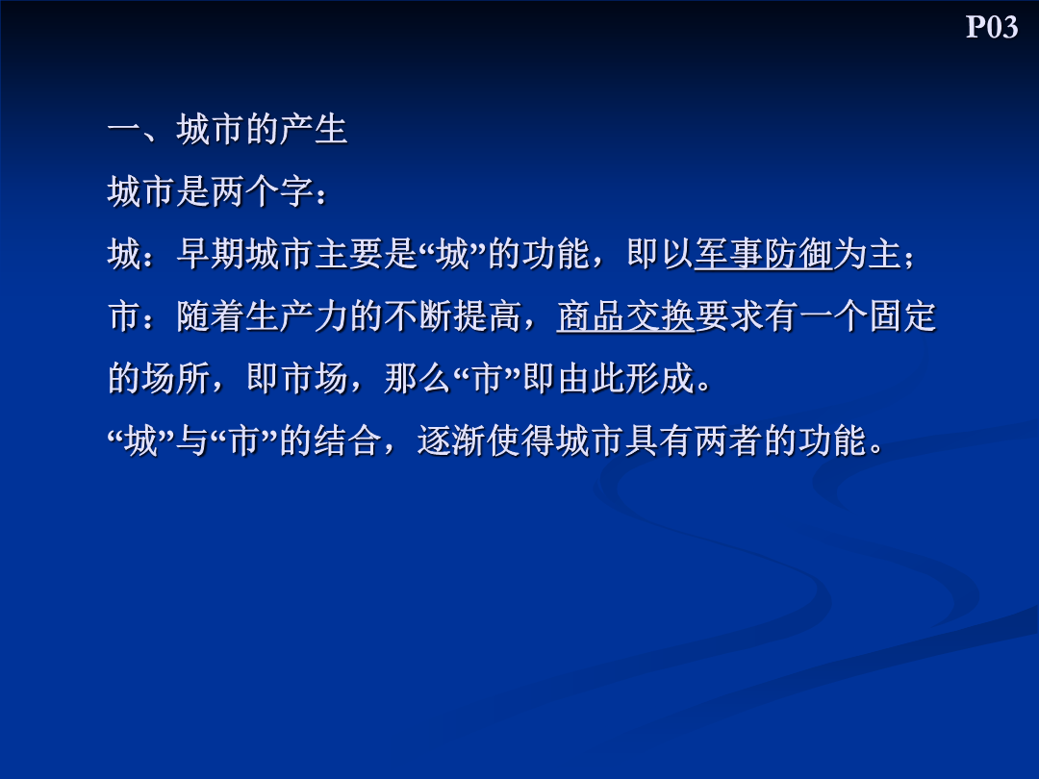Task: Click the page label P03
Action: (991, 27)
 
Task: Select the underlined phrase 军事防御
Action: (763, 254)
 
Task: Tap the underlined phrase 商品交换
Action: (625, 316)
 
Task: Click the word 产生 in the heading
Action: (313, 129)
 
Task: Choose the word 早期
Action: (210, 254)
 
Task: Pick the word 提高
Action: (487, 316)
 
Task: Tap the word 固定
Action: (901, 316)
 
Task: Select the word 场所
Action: (176, 378)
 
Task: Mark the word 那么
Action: (418, 378)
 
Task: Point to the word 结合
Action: (348, 440)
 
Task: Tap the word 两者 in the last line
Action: (728, 440)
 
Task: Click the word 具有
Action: (659, 440)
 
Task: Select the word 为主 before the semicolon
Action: (868, 254)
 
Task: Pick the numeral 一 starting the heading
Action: (124, 129)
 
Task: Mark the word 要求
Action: (729, 316)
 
